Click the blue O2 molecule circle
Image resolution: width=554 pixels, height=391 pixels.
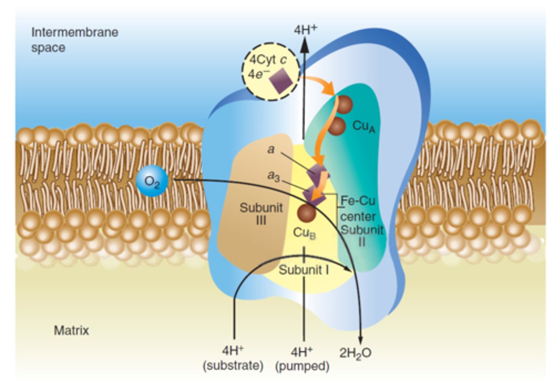[152, 181]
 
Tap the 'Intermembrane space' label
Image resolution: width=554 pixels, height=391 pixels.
[74, 40]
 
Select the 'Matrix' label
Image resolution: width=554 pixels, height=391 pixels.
[71, 330]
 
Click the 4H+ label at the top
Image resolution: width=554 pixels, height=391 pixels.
[305, 30]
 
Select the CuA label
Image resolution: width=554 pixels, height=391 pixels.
[363, 126]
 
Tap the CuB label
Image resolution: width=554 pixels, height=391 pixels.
[304, 233]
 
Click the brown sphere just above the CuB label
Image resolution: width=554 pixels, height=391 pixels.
[307, 212]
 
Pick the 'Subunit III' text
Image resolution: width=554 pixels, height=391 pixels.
[261, 214]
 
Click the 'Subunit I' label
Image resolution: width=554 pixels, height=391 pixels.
[304, 270]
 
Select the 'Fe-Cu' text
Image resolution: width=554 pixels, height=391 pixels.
[358, 201]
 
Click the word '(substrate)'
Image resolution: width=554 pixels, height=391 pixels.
[233, 365]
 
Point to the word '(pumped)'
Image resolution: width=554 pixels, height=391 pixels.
[302, 366]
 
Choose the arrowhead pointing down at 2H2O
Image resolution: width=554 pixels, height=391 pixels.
[360, 339]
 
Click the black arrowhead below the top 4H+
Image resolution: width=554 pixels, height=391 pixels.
[304, 46]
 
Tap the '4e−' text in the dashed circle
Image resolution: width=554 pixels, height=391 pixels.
[257, 74]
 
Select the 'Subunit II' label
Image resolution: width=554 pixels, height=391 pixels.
[362, 236]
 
